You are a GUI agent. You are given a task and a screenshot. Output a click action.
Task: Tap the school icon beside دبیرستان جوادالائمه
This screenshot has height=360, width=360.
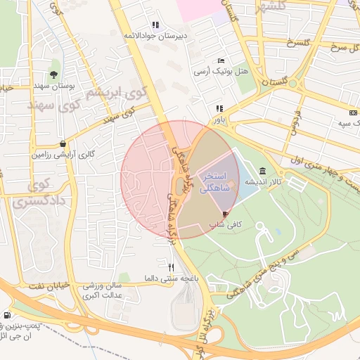(155, 25)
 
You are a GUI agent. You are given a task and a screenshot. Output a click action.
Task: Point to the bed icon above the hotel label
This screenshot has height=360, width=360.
(221, 62)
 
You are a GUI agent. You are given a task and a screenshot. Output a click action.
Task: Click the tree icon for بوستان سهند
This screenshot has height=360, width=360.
(54, 74)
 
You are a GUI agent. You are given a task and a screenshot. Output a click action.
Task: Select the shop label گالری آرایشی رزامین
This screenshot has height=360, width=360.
(63, 154)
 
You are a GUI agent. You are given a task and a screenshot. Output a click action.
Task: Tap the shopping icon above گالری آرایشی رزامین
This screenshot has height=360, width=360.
(63, 143)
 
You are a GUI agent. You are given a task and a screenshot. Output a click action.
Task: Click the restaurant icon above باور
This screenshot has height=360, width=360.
(220, 108)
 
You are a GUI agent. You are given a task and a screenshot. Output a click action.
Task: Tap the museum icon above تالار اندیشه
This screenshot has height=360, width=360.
(262, 171)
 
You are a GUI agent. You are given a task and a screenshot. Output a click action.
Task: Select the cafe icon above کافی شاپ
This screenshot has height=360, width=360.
(225, 214)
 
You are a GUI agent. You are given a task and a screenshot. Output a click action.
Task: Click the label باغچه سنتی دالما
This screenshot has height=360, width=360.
(169, 278)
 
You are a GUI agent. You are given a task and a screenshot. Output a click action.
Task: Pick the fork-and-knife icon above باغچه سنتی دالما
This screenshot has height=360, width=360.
(171, 267)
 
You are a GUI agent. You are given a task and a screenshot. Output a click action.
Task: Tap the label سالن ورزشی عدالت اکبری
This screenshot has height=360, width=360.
(103, 291)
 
